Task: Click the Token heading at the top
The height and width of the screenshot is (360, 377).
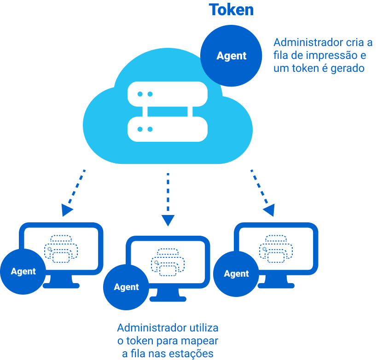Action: coord(232,10)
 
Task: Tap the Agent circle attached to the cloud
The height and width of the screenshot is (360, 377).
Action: coord(232,56)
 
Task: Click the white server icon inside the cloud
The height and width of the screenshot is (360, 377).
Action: coord(167,111)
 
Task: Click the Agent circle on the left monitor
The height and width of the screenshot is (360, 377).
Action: coord(23,271)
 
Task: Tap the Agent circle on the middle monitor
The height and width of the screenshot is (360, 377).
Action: coord(127,287)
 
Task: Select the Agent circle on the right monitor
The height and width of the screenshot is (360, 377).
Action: coord(237,274)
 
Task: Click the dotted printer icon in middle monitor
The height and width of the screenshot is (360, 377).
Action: coord(168,262)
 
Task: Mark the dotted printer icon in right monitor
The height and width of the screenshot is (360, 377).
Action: coord(276,249)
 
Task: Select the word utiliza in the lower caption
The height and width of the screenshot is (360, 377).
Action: coord(204,328)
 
